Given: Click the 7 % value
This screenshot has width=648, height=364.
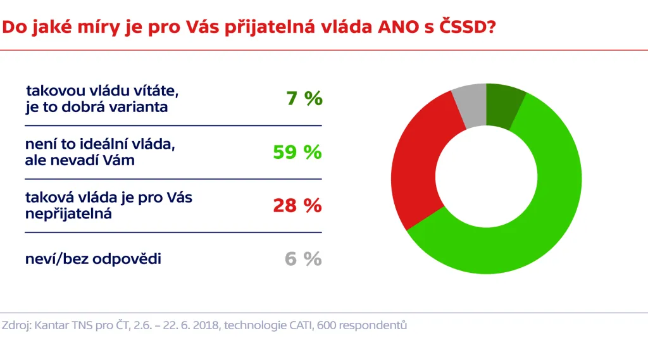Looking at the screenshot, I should [304, 99].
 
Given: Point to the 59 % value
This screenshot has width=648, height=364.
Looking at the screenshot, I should [297, 153].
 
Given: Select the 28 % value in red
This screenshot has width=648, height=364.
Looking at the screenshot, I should [297, 206].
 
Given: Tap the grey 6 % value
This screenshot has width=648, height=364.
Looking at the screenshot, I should [303, 259].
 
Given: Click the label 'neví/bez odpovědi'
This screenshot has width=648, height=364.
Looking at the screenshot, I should [93, 259].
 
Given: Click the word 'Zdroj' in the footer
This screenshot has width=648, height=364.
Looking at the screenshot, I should [16, 326].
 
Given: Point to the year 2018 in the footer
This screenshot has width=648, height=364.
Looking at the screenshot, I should [204, 326].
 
